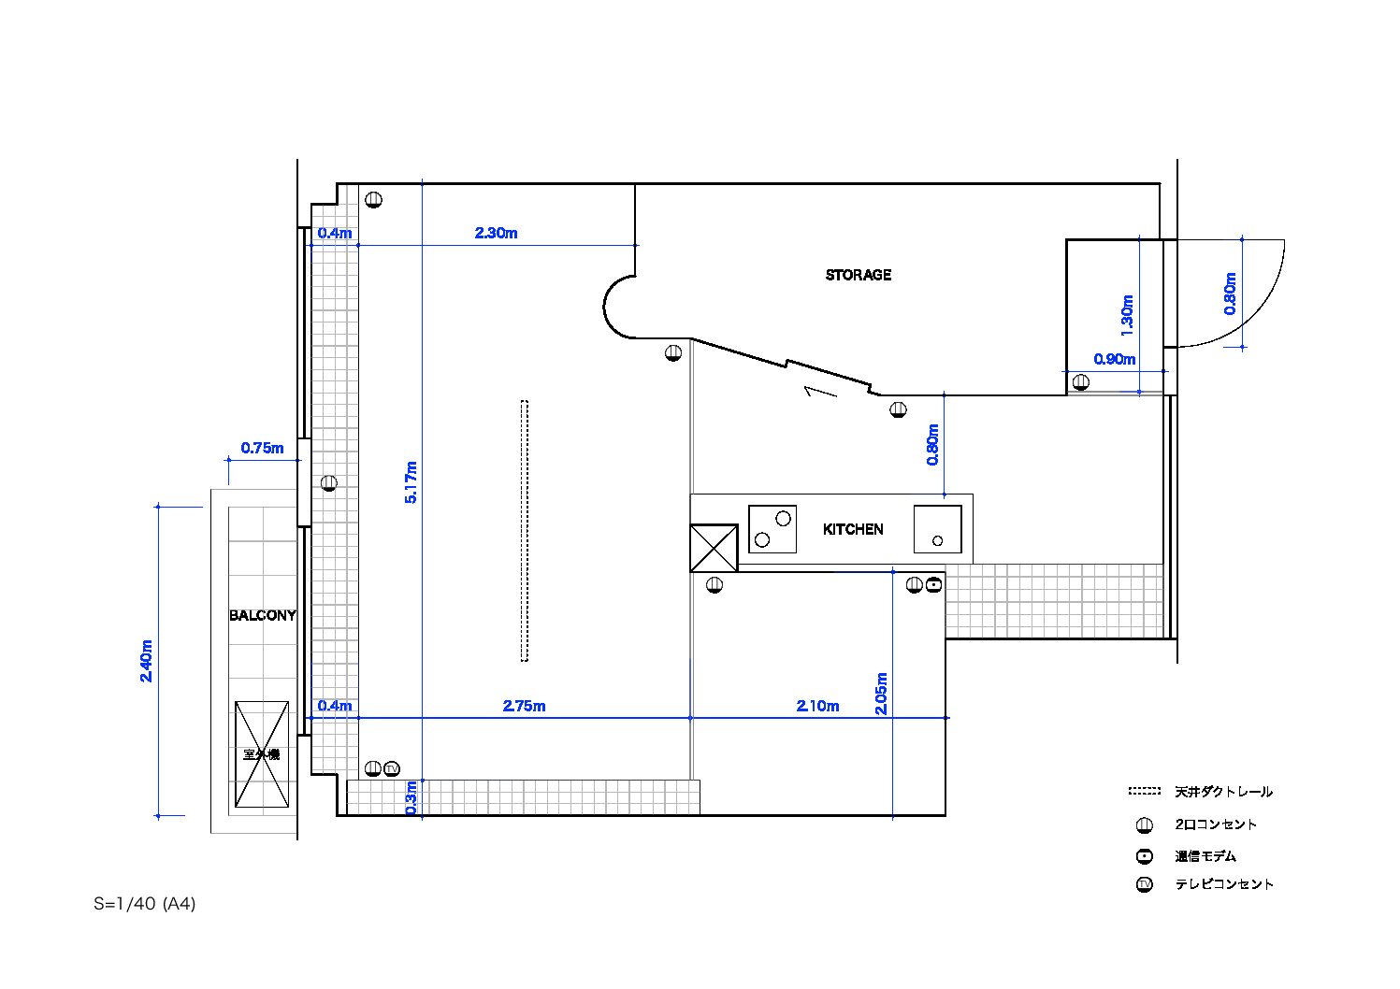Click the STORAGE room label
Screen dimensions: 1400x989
(x=859, y=275)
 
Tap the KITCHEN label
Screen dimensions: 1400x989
(x=853, y=529)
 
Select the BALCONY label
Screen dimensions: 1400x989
(x=263, y=615)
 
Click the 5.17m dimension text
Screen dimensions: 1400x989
(x=411, y=481)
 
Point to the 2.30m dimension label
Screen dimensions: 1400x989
(x=497, y=233)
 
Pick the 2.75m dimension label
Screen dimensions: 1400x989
(x=525, y=706)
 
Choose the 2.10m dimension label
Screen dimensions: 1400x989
(x=817, y=706)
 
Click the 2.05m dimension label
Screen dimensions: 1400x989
(x=881, y=694)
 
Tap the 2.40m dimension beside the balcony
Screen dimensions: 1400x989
(x=146, y=661)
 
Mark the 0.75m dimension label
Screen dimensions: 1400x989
(x=263, y=448)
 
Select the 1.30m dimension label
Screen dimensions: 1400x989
(x=1127, y=316)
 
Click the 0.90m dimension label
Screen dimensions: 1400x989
(x=1115, y=359)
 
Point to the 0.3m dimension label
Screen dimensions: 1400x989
(x=411, y=797)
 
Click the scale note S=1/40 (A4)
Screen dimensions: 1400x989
(x=144, y=904)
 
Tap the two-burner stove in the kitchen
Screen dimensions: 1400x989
(x=772, y=529)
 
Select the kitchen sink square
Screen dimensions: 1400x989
(x=937, y=529)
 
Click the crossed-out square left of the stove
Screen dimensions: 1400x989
(x=714, y=548)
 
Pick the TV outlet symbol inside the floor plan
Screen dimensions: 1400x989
(x=392, y=768)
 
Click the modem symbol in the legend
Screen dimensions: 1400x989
(x=1145, y=856)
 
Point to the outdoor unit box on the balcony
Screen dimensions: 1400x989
(x=262, y=754)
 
